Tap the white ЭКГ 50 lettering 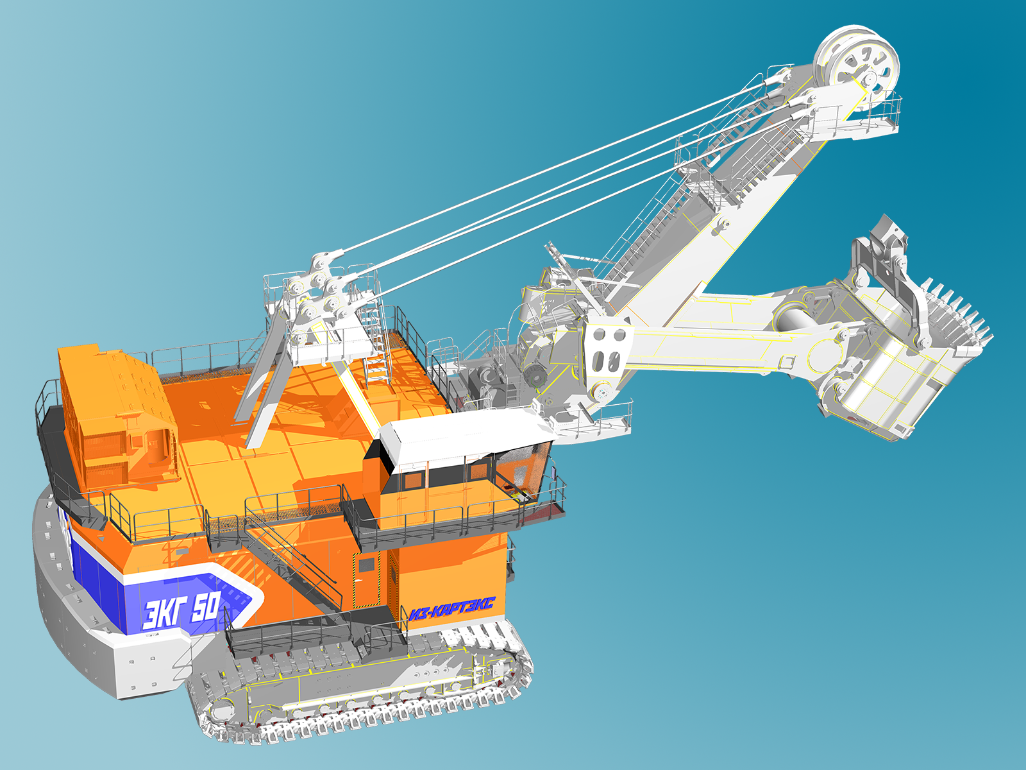[x=181, y=610]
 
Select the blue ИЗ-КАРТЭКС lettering [x=451, y=608]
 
